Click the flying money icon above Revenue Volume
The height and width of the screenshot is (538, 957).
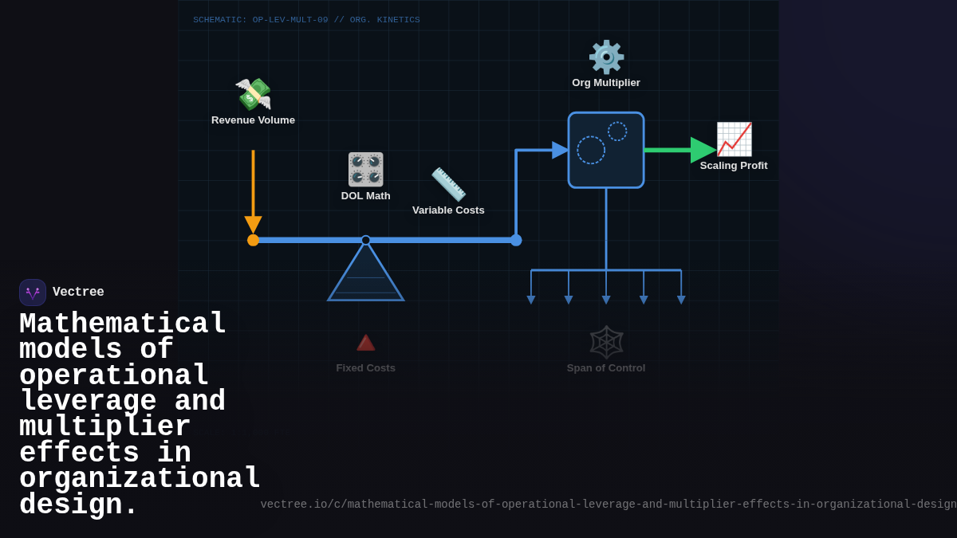click(x=253, y=95)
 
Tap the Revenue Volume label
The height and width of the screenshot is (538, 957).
click(x=253, y=120)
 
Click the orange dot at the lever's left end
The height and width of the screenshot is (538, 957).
click(x=253, y=240)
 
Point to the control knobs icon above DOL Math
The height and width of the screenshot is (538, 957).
click(x=365, y=169)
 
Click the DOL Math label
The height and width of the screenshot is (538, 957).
click(x=365, y=196)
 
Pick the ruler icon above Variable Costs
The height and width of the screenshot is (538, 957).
click(x=448, y=184)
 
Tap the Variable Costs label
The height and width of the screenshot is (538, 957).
click(x=448, y=210)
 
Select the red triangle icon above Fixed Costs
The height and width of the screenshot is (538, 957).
click(x=365, y=343)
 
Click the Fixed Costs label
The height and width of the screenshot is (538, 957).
click(x=365, y=368)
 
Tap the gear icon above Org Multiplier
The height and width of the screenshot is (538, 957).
click(x=606, y=57)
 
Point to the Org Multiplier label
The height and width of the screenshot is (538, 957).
click(x=606, y=83)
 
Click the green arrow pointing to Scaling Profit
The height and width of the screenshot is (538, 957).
click(x=678, y=150)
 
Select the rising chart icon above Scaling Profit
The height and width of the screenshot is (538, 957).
click(x=734, y=139)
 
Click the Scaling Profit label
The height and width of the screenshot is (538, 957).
click(x=734, y=166)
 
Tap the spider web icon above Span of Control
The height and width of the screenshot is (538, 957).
click(x=606, y=342)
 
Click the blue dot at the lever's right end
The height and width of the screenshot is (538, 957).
click(x=516, y=240)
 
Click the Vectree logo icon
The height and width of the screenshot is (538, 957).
click(x=33, y=293)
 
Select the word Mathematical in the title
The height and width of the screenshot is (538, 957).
click(x=123, y=324)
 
